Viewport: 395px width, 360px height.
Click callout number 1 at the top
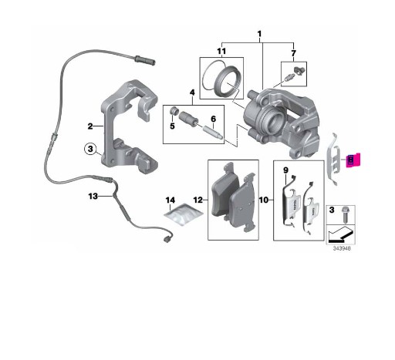click(259, 34)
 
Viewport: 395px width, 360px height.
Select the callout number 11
click(221, 52)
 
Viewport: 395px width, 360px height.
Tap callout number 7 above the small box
click(293, 53)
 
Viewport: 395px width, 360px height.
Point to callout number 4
click(192, 93)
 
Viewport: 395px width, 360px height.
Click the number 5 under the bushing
click(172, 126)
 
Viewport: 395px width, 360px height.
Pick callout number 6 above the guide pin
click(213, 119)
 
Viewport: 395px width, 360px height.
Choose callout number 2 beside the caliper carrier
click(90, 126)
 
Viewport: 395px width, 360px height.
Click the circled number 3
click(90, 149)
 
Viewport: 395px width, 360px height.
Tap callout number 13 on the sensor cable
click(93, 197)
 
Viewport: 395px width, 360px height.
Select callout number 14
click(170, 200)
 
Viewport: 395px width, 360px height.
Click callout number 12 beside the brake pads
click(198, 200)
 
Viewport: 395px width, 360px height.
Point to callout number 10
click(264, 200)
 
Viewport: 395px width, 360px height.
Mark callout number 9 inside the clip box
click(285, 170)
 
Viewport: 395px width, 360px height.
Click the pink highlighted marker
click(353, 160)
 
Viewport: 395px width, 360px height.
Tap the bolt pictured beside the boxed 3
click(345, 214)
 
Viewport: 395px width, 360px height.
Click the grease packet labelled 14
click(184, 214)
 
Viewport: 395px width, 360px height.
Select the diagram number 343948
click(342, 249)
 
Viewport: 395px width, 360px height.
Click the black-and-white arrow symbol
click(341, 234)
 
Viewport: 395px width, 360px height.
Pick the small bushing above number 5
click(175, 111)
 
